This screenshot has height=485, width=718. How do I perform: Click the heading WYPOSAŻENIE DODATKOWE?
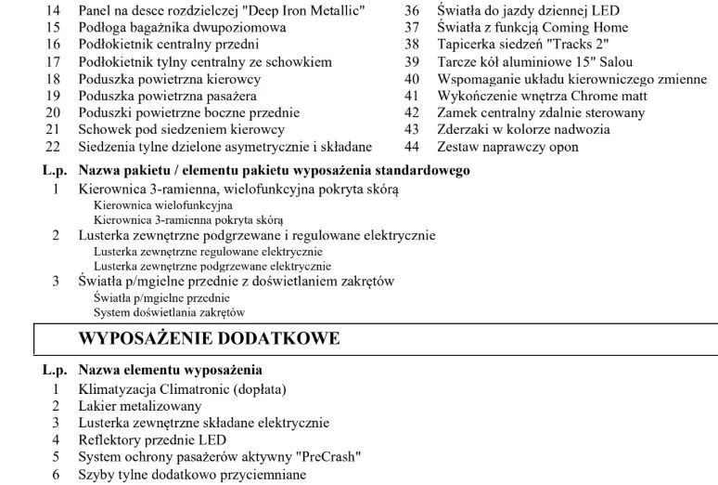pyautogui.click(x=210, y=339)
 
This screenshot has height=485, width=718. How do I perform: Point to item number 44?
pyautogui.click(x=413, y=147)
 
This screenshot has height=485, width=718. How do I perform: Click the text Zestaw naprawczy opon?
pyautogui.click(x=507, y=147)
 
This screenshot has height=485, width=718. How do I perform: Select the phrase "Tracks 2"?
pyautogui.click(x=580, y=45)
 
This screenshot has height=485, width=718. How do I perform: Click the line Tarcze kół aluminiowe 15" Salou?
pyautogui.click(x=529, y=62)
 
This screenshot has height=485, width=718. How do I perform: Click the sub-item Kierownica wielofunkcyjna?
pyautogui.click(x=162, y=204)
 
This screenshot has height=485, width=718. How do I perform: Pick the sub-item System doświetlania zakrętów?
pyautogui.click(x=162, y=313)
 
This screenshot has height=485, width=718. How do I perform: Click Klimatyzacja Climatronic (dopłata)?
pyautogui.click(x=182, y=388)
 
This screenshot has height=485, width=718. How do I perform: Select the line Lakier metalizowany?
pyautogui.click(x=139, y=406)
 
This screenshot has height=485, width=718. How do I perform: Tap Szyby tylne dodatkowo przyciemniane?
pyautogui.click(x=190, y=474)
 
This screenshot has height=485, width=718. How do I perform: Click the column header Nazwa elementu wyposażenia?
pyautogui.click(x=170, y=370)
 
